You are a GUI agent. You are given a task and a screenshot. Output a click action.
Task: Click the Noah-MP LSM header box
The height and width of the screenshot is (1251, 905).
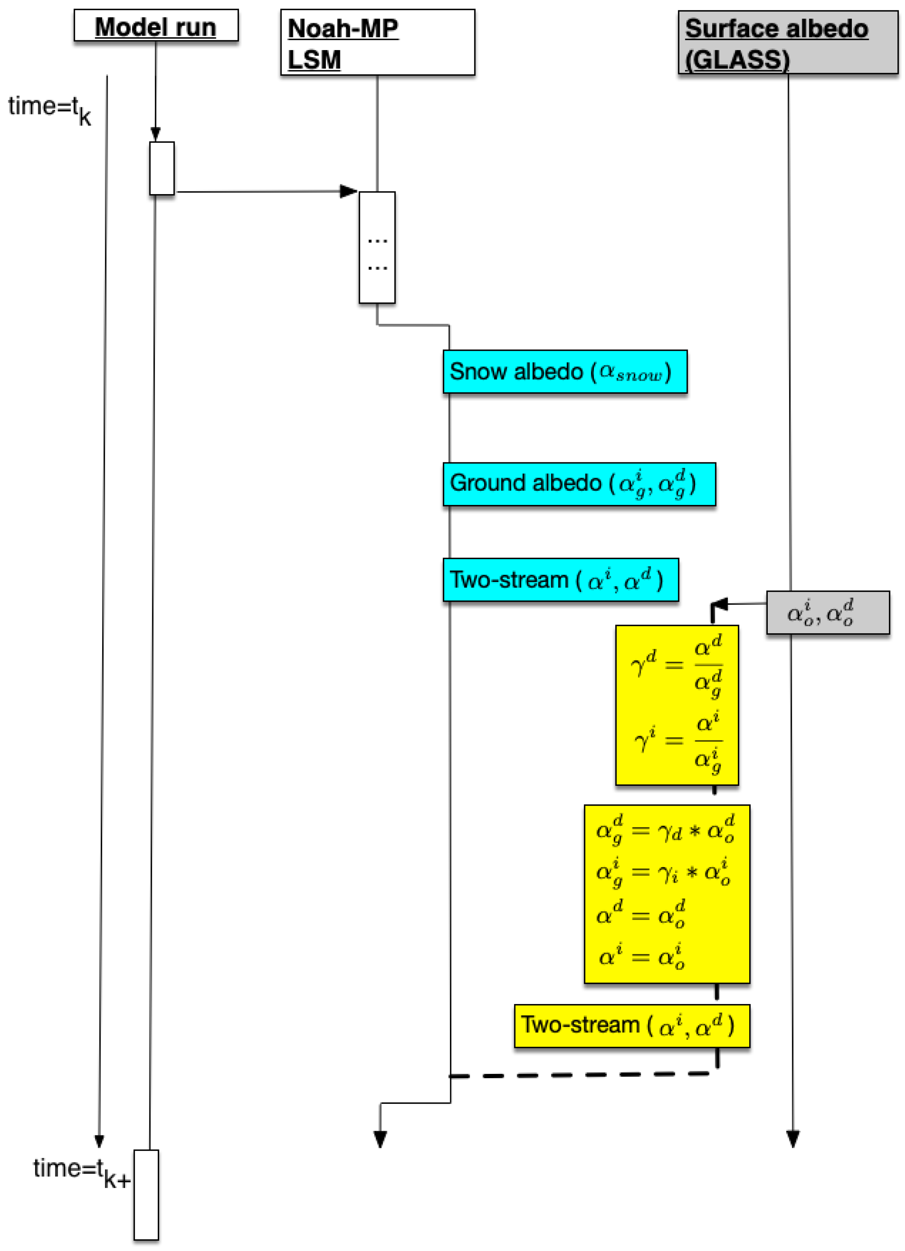pos(377,43)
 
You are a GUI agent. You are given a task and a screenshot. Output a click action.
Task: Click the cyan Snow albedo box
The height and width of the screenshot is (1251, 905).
pos(564,372)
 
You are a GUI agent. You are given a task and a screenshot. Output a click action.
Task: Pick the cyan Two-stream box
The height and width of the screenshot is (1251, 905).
pos(560,580)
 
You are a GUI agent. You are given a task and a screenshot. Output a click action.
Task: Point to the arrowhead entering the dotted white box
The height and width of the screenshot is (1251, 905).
pos(349,191)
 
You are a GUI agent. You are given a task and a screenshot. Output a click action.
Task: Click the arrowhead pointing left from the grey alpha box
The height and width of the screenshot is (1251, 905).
pos(720,604)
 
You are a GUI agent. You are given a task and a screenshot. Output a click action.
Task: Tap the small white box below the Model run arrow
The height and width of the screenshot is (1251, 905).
pos(162,168)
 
